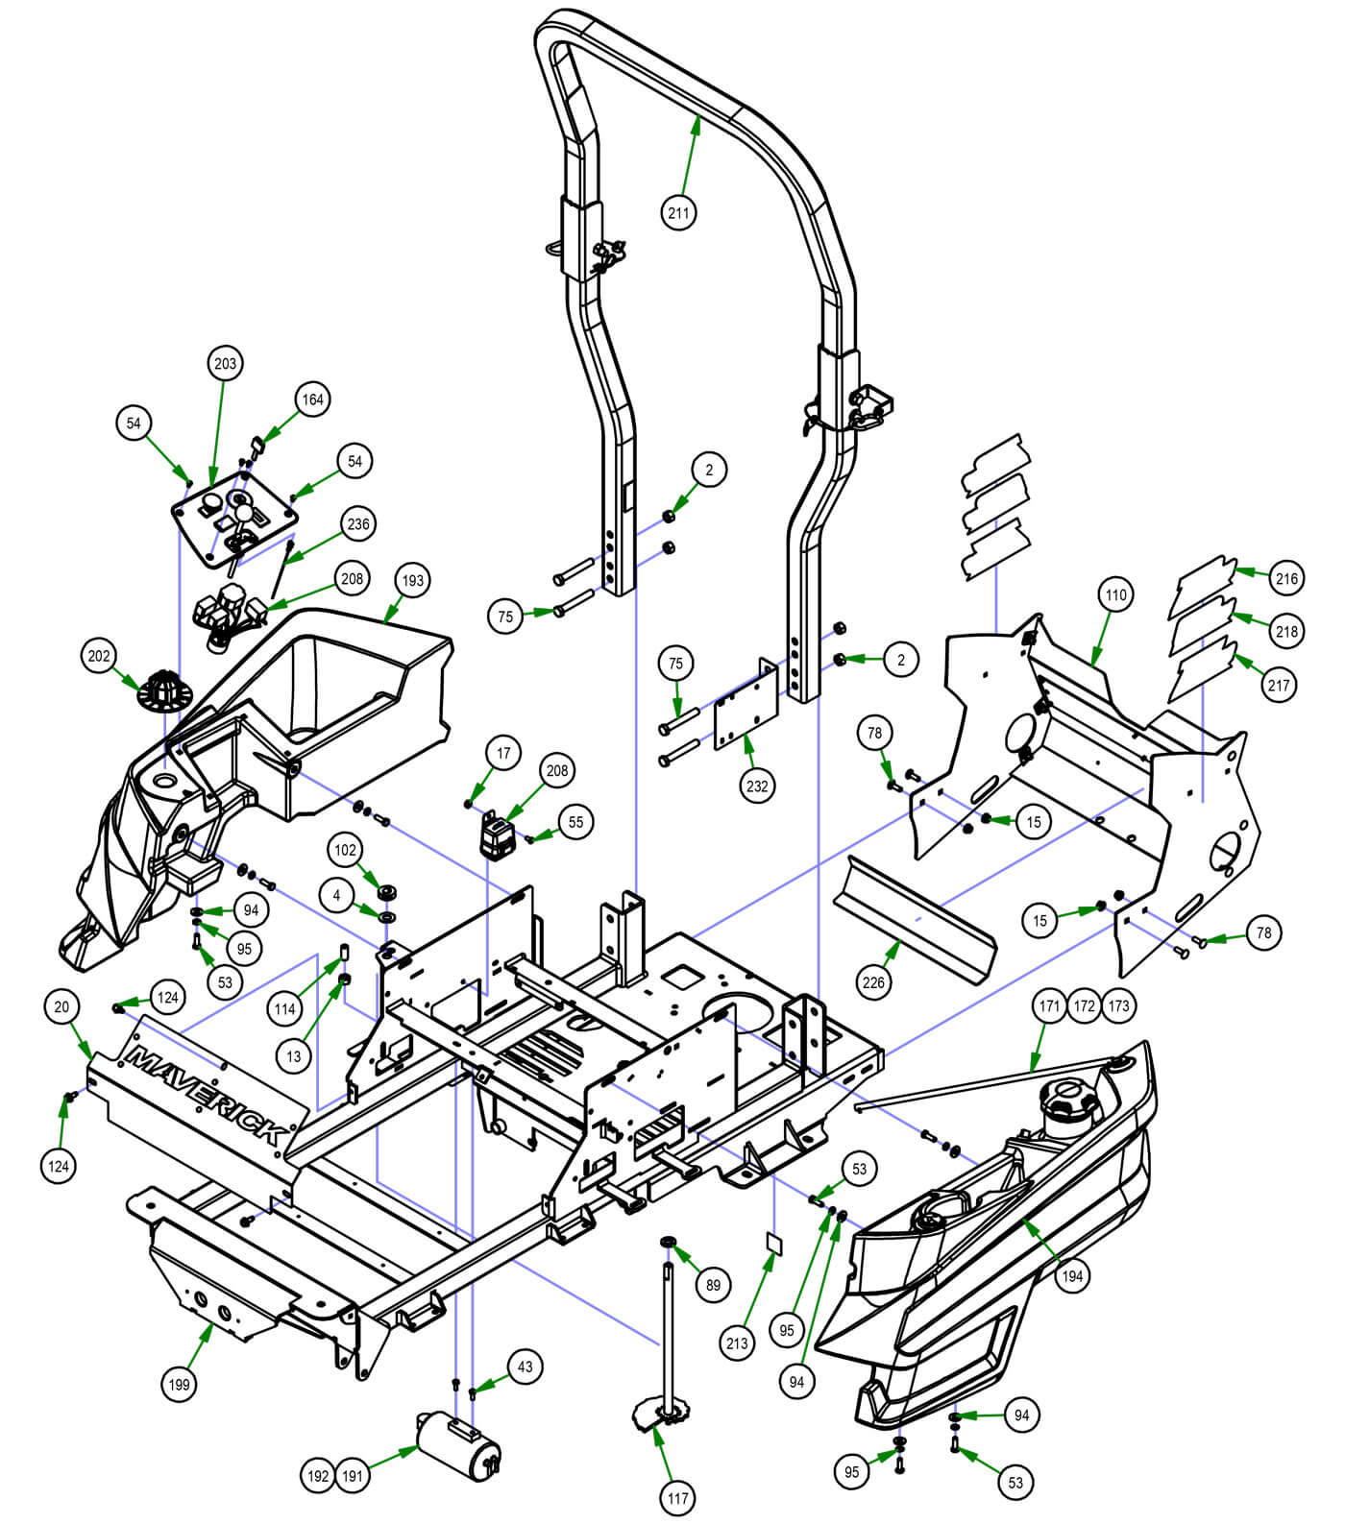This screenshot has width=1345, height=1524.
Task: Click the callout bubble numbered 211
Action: pos(678,211)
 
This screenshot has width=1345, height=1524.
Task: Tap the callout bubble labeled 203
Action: pos(225,364)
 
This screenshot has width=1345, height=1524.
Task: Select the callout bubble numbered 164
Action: pos(313,399)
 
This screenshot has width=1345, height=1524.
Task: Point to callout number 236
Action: pos(357,524)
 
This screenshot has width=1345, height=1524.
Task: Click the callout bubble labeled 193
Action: pos(412,580)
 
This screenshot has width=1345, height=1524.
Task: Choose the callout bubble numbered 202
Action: pos(99,656)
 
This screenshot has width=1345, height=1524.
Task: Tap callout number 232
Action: pos(757,786)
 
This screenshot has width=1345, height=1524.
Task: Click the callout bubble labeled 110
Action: pos(1114,594)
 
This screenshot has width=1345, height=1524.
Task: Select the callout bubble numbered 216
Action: pos(1286,578)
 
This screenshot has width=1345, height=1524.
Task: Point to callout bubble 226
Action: pos(873,982)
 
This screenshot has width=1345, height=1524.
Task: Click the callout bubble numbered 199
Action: pos(180,1384)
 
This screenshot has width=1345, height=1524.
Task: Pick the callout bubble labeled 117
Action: pos(678,1497)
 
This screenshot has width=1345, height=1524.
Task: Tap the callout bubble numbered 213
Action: pos(737,1343)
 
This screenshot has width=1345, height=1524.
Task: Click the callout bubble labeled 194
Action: pos(1073,1275)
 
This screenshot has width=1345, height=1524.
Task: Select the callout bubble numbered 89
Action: pos(712,1285)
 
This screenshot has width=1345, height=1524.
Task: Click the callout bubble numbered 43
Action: pos(525,1366)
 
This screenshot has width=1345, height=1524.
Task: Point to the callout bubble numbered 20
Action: pos(61,1006)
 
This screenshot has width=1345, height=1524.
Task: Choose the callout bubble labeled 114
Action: pos(284,1009)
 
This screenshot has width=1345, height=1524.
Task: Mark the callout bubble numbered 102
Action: pos(345,850)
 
